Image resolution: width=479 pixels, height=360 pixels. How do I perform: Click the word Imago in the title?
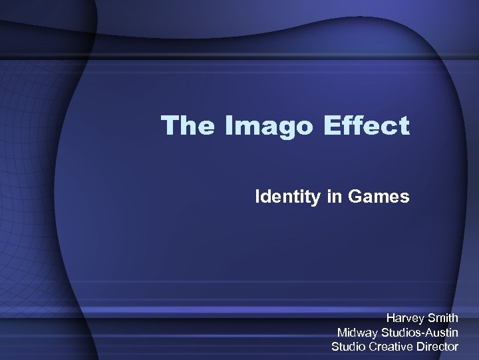click(x=263, y=125)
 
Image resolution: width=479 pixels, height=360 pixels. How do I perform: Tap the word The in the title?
click(x=186, y=125)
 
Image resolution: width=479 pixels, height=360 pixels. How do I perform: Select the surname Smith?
click(x=443, y=318)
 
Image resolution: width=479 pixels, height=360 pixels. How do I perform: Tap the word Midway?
click(x=358, y=332)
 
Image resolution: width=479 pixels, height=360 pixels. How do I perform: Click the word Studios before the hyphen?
click(x=401, y=332)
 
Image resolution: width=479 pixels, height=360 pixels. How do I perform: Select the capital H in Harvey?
click(x=391, y=318)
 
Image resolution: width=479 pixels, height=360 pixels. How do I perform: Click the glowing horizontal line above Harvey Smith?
click(x=239, y=309)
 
